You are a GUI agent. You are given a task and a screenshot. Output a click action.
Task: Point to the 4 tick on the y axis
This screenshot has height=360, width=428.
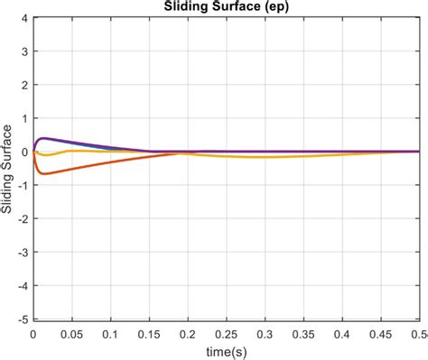pyautogui.click(x=24, y=18)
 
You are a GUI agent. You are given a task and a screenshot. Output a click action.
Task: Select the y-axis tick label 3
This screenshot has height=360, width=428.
pyautogui.click(x=24, y=51)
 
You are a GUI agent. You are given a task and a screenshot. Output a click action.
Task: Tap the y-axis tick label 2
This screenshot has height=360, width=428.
pyautogui.click(x=24, y=85)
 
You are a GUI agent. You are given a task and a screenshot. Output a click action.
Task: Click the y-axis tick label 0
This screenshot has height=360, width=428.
pyautogui.click(x=24, y=152)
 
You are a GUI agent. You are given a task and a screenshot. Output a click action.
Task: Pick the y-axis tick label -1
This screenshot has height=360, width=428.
pyautogui.click(x=23, y=185)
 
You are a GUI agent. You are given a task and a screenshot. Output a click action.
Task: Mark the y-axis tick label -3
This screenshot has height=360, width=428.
pyautogui.click(x=23, y=252)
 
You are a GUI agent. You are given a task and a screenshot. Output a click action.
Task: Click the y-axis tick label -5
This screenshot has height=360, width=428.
pyautogui.click(x=23, y=318)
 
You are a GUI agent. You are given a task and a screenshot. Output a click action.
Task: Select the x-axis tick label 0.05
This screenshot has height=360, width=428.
pyautogui.click(x=72, y=332)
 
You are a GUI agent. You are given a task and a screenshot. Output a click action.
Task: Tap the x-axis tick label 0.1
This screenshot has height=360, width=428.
pyautogui.click(x=110, y=332)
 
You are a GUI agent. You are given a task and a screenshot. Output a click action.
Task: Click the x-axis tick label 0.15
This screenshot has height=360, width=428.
pyautogui.click(x=149, y=332)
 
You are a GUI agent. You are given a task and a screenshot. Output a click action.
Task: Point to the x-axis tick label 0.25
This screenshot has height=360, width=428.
pyautogui.click(x=227, y=332)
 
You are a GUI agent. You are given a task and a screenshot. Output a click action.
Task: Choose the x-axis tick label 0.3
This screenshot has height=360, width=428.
pyautogui.click(x=265, y=332)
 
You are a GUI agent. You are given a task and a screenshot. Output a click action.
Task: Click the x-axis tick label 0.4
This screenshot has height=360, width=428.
pyautogui.click(x=342, y=332)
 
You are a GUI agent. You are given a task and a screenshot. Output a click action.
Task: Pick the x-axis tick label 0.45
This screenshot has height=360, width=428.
pyautogui.click(x=381, y=332)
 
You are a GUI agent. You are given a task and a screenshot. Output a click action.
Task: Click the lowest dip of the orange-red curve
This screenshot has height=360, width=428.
pyautogui.click(x=43, y=173)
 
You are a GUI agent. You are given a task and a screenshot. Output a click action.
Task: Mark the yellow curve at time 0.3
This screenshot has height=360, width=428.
pyautogui.click(x=265, y=157)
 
